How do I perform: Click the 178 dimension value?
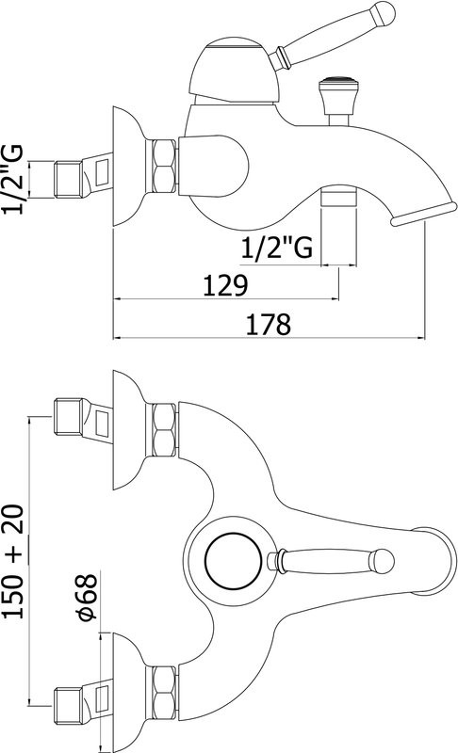point(269,324)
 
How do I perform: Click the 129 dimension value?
point(225,285)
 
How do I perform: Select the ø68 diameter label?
point(88,596)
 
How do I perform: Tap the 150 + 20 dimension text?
point(13,561)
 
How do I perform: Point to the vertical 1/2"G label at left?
point(12,180)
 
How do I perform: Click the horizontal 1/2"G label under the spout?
point(276,248)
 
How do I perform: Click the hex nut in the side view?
point(163,167)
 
